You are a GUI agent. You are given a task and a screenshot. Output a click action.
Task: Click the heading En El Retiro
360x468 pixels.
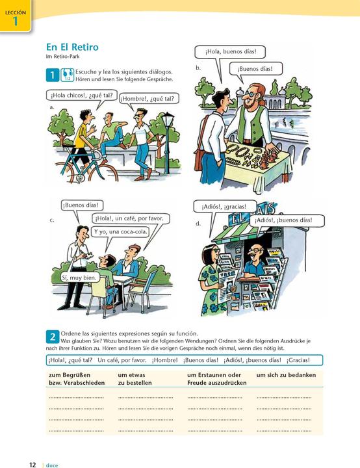coord(72,47)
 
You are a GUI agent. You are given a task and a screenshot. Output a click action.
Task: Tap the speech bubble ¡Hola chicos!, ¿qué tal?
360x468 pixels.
coord(81,96)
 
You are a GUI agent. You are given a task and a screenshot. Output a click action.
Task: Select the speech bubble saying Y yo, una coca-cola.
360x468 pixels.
coord(120,231)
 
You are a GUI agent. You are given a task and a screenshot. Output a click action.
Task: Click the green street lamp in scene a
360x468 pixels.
coord(167,142)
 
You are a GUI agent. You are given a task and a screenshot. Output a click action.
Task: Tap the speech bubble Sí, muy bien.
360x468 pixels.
coord(79,278)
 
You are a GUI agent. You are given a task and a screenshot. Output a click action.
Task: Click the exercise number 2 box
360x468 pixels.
coord(53,337)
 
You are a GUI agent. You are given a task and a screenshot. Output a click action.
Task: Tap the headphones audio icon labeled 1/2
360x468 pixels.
coord(67,75)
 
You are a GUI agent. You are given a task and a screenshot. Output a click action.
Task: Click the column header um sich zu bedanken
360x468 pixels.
coord(286,375)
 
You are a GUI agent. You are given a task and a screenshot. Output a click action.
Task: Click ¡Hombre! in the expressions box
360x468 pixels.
coord(165,360)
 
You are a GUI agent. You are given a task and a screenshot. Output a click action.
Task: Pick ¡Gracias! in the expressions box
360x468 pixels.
coord(298,360)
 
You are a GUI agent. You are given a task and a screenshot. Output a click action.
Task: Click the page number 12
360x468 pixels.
coord(32,465)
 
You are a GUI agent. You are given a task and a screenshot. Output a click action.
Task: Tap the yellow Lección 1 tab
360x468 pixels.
coord(15,16)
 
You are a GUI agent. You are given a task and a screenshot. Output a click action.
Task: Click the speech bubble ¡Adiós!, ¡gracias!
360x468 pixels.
coord(224,207)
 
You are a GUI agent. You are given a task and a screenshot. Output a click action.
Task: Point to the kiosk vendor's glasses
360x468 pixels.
coord(257,250)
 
